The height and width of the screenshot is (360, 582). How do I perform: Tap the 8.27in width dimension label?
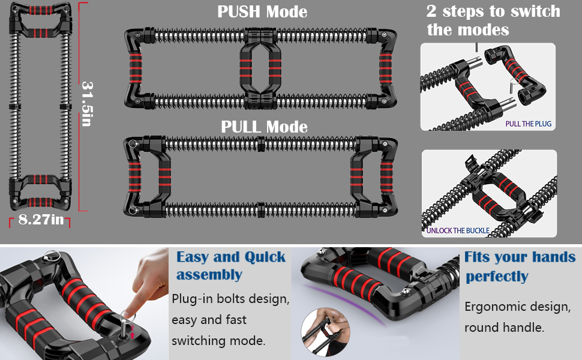[x=40, y=220]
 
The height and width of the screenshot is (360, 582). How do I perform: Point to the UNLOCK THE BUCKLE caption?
[x=458, y=230]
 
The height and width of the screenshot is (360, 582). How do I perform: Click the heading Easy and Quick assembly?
[x=230, y=266]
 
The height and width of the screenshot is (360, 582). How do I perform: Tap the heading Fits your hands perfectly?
[x=520, y=266]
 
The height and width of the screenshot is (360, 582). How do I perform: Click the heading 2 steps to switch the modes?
[x=493, y=20]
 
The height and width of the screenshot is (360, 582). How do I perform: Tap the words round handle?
[x=504, y=328]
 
